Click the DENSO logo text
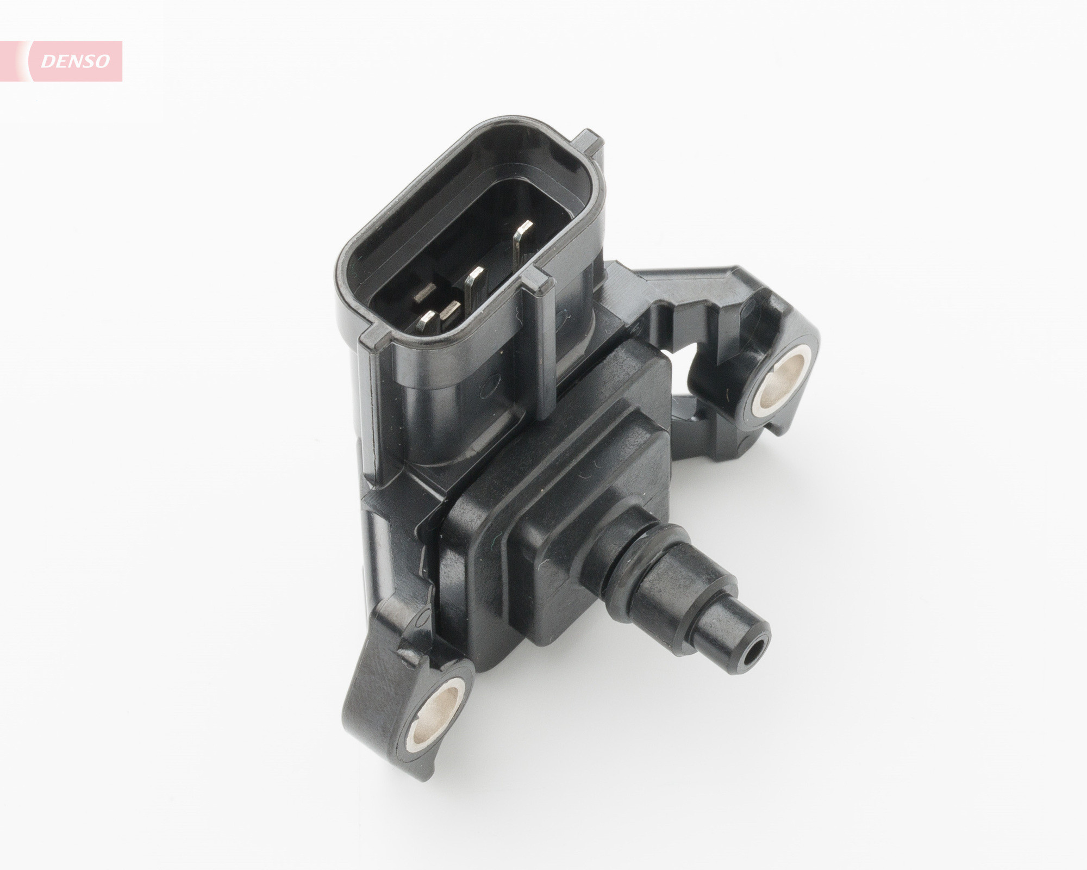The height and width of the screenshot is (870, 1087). pos(76,61)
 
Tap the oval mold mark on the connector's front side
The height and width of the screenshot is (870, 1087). pos(492,381)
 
